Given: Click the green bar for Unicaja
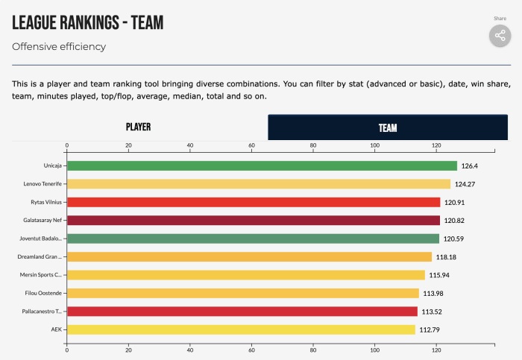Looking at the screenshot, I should tap(262, 165).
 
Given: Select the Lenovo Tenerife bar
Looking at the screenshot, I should tap(259, 183).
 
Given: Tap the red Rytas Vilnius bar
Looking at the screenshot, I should tap(254, 202).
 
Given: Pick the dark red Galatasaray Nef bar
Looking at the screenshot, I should tap(254, 220).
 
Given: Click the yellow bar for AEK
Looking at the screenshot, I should tap(241, 329).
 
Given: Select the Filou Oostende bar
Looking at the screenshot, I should tap(243, 293).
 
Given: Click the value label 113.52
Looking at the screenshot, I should tap(433, 312).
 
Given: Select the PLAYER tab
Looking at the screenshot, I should tap(139, 127).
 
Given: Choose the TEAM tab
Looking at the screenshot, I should tap(388, 127).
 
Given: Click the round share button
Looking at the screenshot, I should tap(499, 36).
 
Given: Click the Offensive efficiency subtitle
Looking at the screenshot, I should tap(59, 46).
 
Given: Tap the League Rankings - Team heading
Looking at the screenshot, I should tap(87, 22).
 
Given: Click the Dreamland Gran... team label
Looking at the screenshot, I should tap(42, 256).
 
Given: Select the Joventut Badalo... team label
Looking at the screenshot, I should tap(42, 239).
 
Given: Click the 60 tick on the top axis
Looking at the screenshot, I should tap(252, 145).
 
